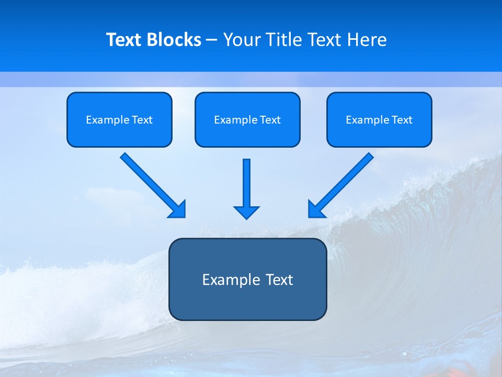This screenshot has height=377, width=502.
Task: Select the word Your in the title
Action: tap(241, 40)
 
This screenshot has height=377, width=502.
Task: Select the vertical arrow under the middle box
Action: tap(246, 183)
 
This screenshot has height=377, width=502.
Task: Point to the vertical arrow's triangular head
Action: tap(246, 212)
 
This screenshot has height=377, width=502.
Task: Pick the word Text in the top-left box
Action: tap(142, 120)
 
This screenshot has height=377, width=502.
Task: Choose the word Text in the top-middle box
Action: tap(270, 120)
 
